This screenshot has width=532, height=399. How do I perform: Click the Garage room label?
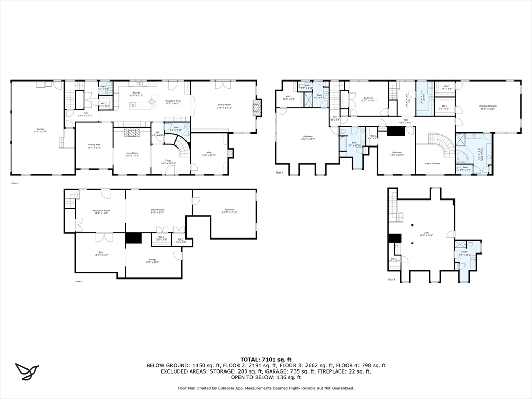point(41,130)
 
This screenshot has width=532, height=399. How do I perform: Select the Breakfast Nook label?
point(173,102)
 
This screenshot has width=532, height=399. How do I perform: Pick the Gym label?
point(100,254)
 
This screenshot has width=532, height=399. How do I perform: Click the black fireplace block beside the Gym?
point(134,238)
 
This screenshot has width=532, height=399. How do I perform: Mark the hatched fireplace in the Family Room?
point(256,108)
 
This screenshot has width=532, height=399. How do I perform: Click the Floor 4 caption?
point(391,280)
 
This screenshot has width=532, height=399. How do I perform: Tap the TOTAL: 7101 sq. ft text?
point(265,360)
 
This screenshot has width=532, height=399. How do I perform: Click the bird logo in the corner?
point(27,371)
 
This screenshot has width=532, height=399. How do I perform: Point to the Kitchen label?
point(137,94)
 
